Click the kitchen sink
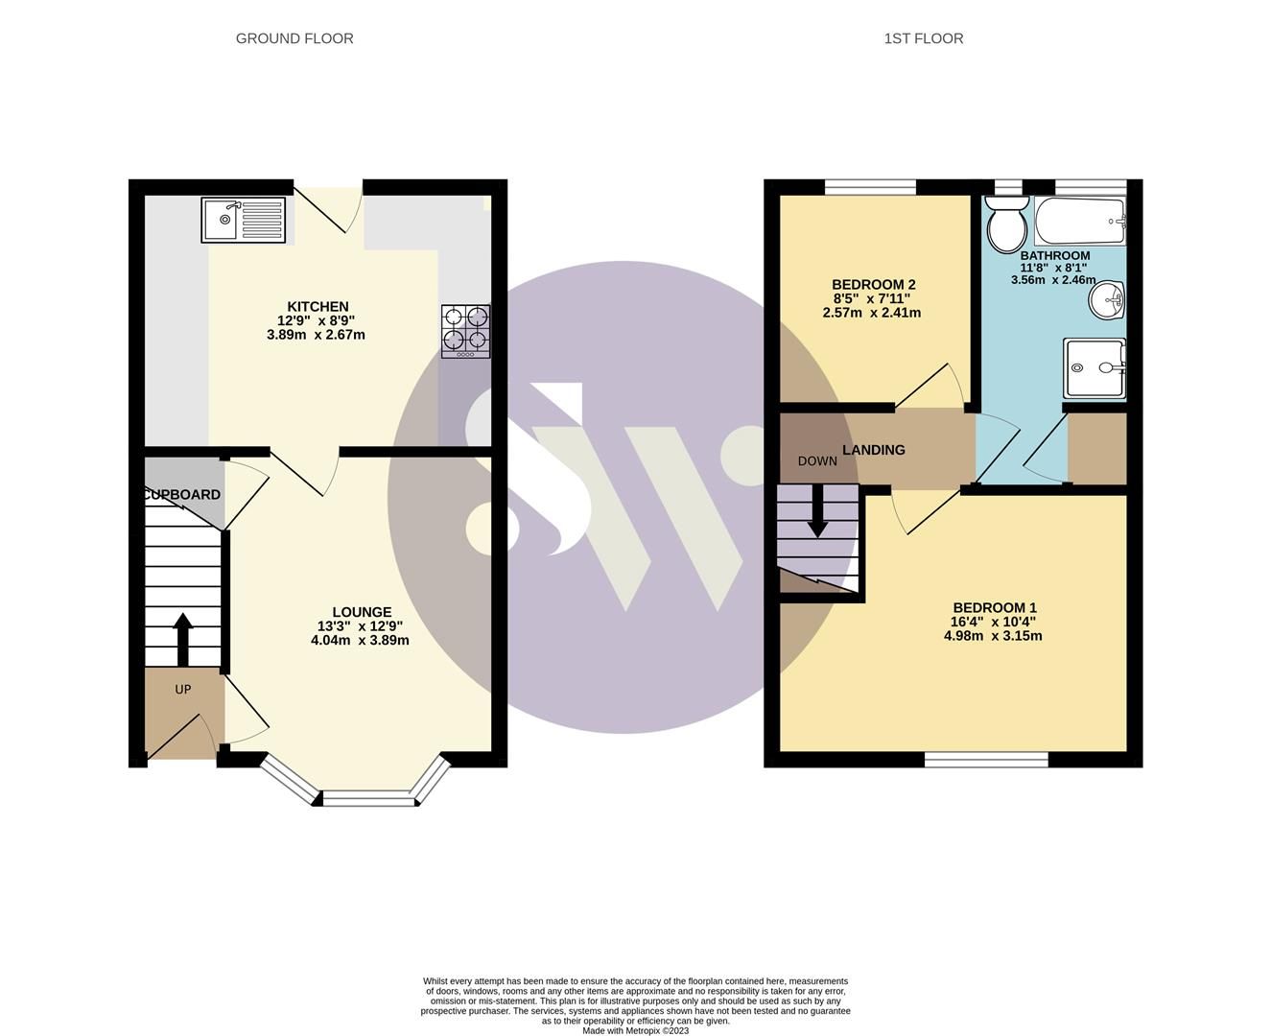[244, 220]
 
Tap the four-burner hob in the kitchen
[465, 331]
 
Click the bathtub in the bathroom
[1079, 223]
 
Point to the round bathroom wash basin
[1108, 300]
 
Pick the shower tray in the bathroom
[1094, 367]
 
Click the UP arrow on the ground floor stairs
[182, 639]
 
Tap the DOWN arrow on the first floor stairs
[817, 510]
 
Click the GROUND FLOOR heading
[294, 38]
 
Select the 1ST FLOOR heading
[924, 38]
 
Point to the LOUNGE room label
[362, 612]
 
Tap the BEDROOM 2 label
[873, 285]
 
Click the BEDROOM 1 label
[994, 608]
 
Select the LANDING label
[873, 450]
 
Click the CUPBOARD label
[183, 495]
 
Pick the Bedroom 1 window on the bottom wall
[986, 760]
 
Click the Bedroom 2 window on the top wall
[870, 187]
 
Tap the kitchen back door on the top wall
[329, 206]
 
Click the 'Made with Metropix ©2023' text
[635, 1030]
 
